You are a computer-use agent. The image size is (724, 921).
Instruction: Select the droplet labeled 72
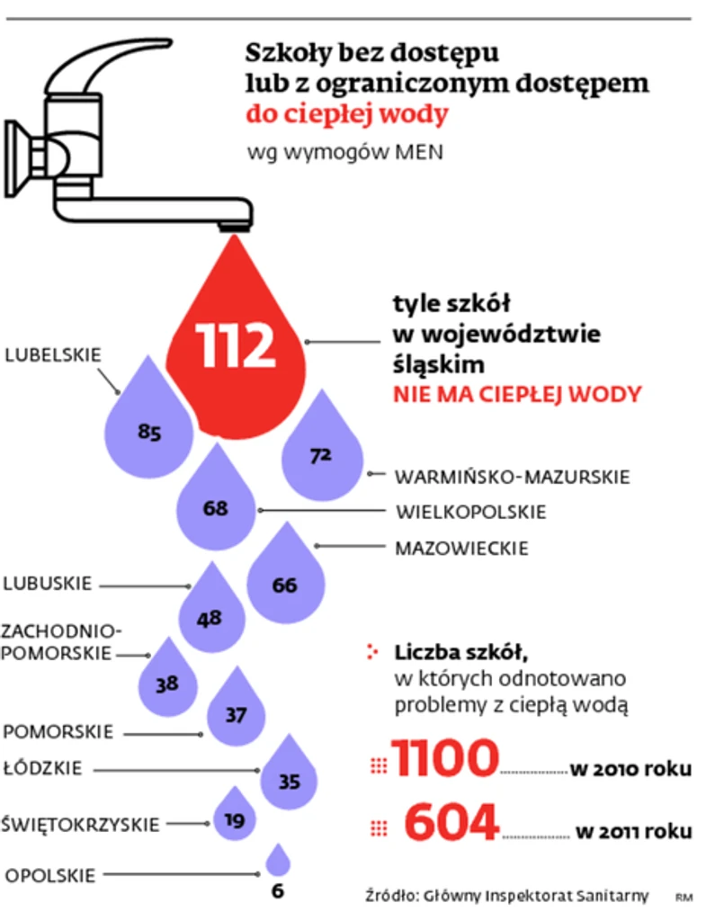[x=321, y=450]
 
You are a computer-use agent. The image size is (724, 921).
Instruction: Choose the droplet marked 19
[x=235, y=817]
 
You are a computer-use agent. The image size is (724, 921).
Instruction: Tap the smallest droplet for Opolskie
[x=278, y=862]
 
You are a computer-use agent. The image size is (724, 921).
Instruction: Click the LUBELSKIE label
[x=54, y=354]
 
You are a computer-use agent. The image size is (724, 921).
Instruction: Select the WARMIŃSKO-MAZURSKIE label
[x=513, y=476]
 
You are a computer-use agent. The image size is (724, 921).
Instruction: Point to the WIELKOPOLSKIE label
[x=471, y=512]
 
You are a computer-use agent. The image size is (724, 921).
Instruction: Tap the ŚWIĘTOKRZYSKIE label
[x=80, y=824]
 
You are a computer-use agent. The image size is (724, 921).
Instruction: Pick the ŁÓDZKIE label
[x=43, y=769]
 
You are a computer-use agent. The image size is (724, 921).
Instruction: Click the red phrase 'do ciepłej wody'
[x=347, y=116]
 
